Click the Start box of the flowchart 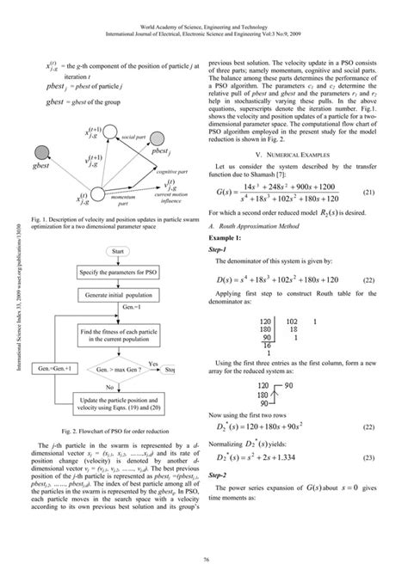click(120, 250)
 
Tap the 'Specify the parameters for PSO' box click(120, 272)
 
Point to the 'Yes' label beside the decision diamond click(154, 364)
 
